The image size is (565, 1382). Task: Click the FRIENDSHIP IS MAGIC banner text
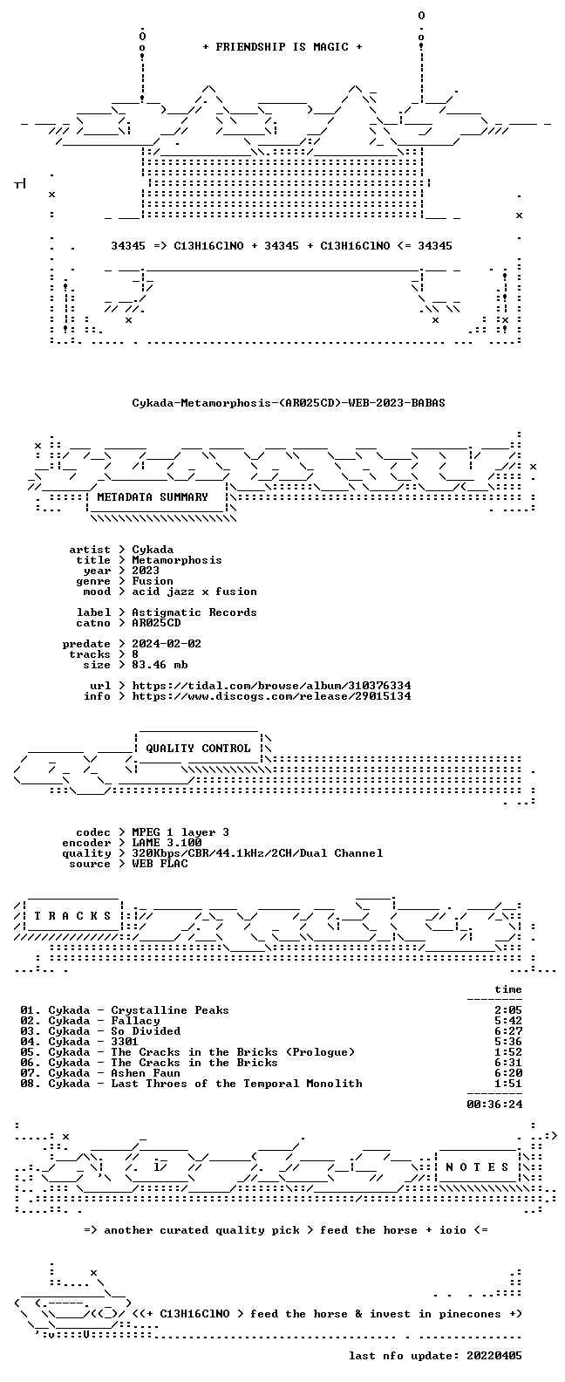click(282, 47)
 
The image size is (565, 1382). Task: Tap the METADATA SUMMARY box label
click(153, 497)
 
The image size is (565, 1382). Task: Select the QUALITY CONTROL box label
click(198, 749)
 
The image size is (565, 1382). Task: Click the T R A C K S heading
click(72, 916)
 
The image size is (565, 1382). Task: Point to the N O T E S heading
click(477, 1167)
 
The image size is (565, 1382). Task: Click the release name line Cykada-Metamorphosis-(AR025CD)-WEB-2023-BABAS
click(289, 403)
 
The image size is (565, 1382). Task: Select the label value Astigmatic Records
click(194, 612)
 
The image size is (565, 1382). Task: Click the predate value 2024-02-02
click(167, 644)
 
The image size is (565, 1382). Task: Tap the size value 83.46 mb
click(160, 665)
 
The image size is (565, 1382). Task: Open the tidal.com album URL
click(271, 686)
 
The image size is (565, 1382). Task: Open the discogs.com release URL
click(271, 696)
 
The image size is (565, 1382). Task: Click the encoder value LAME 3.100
click(167, 843)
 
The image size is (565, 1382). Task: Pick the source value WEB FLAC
click(160, 864)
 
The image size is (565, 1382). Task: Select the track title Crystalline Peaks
click(170, 1010)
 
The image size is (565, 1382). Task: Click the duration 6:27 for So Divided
click(508, 1031)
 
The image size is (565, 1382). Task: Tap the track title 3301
click(125, 1042)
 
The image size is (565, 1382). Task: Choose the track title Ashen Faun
click(146, 1073)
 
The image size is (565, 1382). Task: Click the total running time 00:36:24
click(494, 1105)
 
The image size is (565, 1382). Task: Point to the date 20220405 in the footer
click(494, 1356)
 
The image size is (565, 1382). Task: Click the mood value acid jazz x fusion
click(194, 592)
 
